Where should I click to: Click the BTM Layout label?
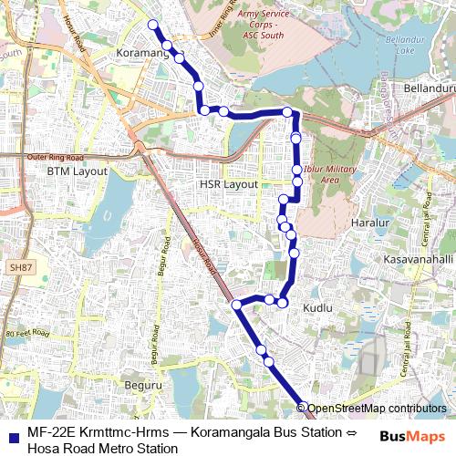click(78, 171)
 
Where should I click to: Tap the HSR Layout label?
click(229, 184)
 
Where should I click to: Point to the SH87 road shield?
click(19, 266)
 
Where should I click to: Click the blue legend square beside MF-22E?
click(11, 437)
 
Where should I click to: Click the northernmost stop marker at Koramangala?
click(153, 25)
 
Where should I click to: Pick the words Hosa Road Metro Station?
click(102, 448)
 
